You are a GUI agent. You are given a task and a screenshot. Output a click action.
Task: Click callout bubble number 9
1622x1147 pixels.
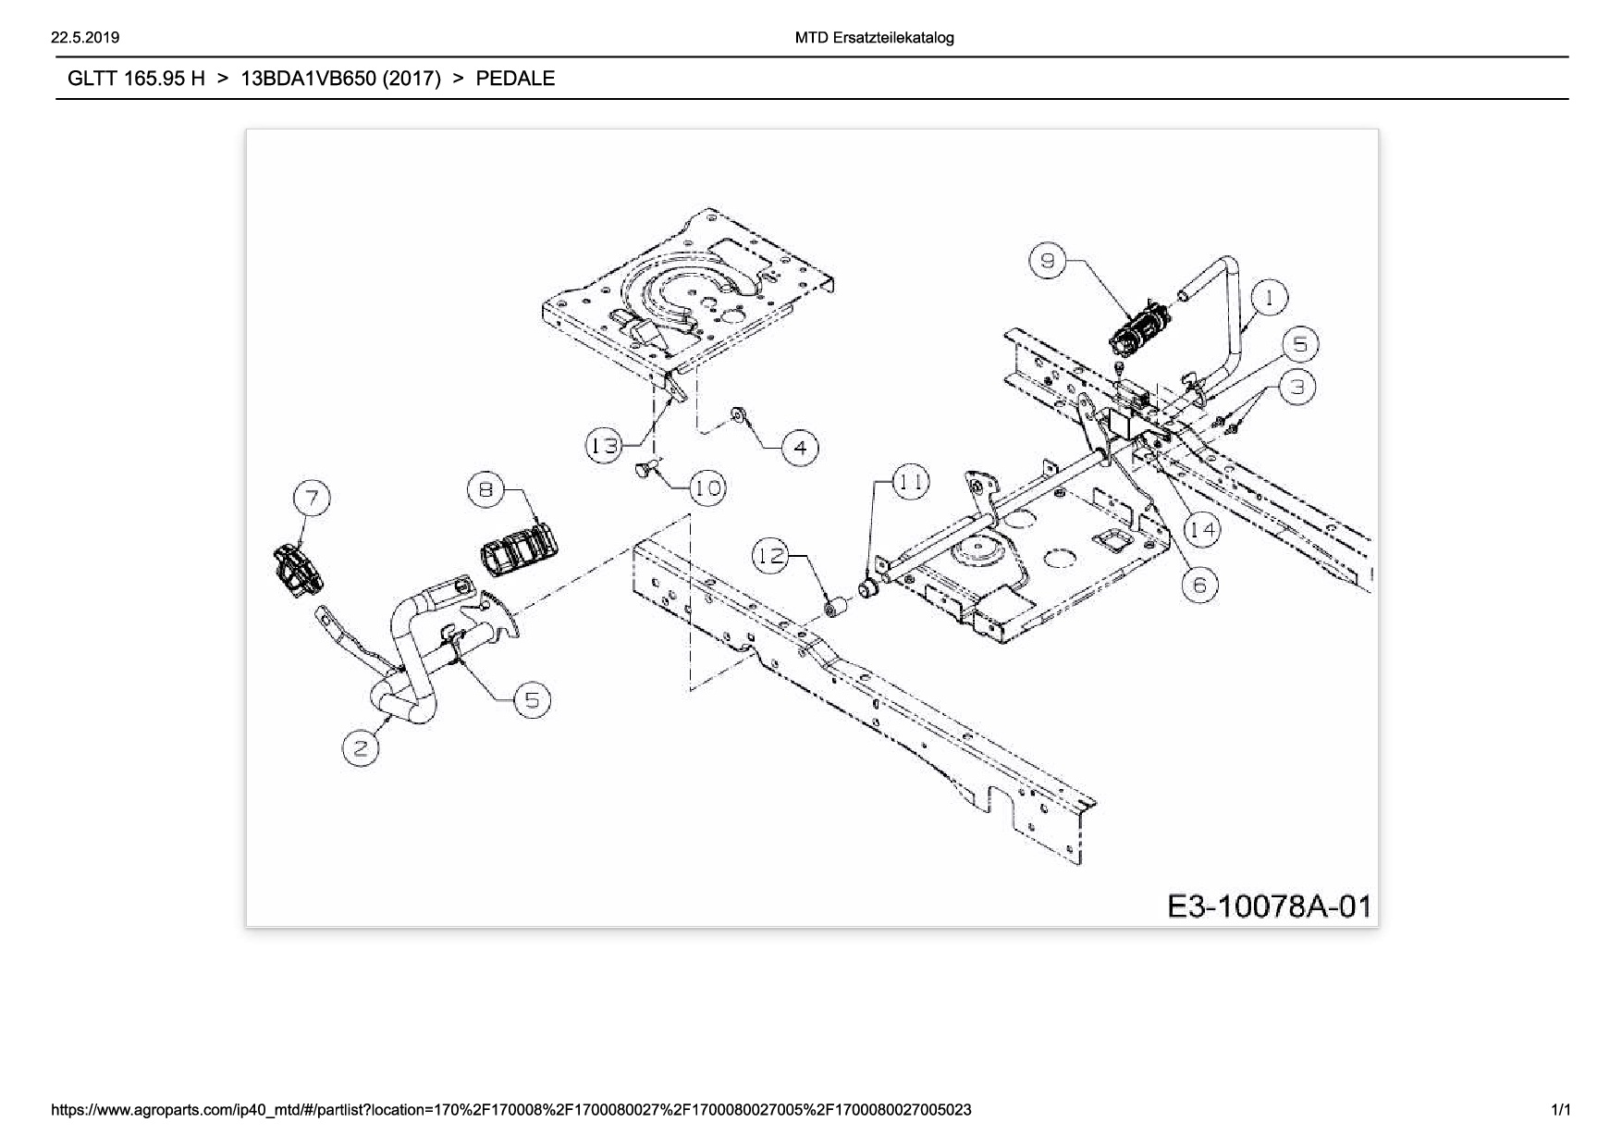point(1047,261)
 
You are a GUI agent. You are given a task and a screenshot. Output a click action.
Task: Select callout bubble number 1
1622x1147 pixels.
point(1270,299)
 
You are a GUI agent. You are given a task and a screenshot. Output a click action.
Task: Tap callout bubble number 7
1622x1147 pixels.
point(313,499)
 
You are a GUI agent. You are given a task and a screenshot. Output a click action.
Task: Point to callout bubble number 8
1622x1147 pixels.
point(486,489)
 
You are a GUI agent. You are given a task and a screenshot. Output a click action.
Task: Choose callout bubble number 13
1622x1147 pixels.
point(605,447)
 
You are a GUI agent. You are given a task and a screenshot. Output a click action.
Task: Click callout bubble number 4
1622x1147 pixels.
point(800,449)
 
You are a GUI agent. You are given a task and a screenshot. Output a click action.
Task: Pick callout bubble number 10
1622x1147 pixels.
point(708,487)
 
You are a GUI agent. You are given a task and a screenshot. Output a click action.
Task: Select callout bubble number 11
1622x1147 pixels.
point(911,482)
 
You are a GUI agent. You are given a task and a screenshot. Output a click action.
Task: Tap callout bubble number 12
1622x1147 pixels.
point(770,556)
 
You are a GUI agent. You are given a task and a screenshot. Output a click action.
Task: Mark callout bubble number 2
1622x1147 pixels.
point(361,747)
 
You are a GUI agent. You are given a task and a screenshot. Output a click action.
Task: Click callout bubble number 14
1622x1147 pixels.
point(1202,529)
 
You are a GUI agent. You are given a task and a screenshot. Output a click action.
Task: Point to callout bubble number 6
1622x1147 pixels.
point(1199,585)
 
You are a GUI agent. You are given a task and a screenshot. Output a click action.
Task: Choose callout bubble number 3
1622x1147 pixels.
point(1297,387)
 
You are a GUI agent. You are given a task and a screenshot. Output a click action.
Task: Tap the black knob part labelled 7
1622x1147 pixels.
point(298,571)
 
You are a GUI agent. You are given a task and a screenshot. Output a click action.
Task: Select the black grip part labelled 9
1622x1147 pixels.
point(1139,331)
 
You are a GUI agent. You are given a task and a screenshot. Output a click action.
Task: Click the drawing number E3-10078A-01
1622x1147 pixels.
point(1269,906)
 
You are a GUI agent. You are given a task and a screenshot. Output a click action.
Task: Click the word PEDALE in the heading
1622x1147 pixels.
point(515,79)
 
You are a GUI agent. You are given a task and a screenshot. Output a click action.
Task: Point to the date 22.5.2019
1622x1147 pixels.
point(85,38)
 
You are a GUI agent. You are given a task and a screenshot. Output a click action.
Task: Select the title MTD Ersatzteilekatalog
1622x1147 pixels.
point(874,38)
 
